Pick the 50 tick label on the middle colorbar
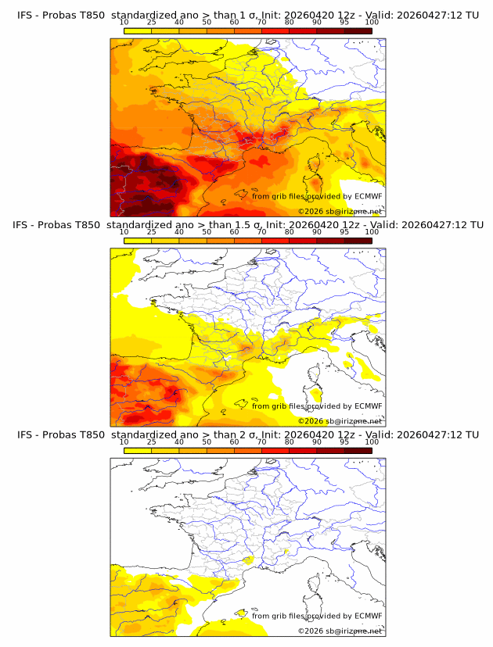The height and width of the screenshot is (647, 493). click(x=207, y=232)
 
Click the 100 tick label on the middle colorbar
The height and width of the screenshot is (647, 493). click(x=372, y=232)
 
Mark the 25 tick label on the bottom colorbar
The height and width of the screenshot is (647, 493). click(x=151, y=441)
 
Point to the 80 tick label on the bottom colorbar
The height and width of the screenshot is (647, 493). click(x=290, y=441)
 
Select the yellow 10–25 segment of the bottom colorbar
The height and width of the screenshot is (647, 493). click(x=138, y=450)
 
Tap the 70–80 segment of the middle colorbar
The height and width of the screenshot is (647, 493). click(x=275, y=241)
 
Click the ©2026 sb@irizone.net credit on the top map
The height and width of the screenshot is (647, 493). click(x=340, y=212)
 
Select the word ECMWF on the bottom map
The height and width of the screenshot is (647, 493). click(x=368, y=616)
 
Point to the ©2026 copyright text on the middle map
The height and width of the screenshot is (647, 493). click(x=311, y=421)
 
